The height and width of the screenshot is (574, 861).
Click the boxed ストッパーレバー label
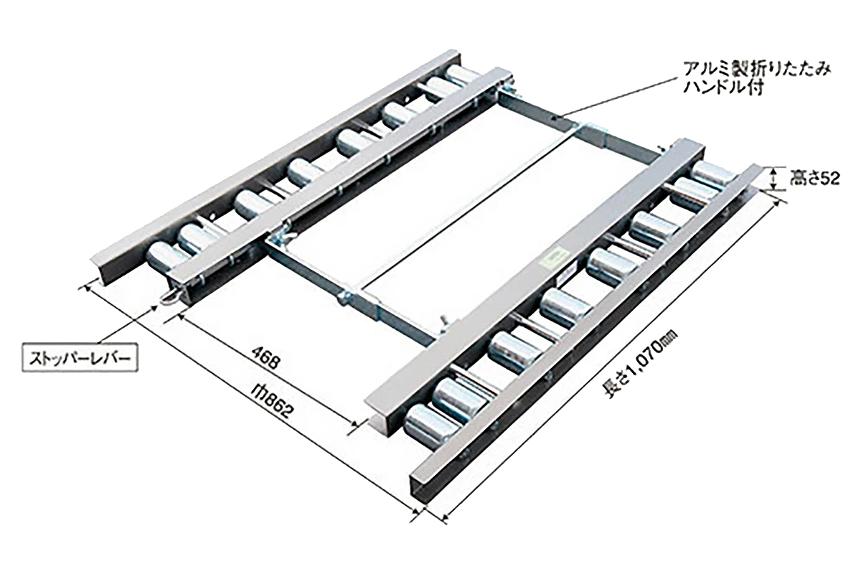click(x=80, y=359)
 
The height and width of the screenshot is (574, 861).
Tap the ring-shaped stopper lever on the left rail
click(x=170, y=298)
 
